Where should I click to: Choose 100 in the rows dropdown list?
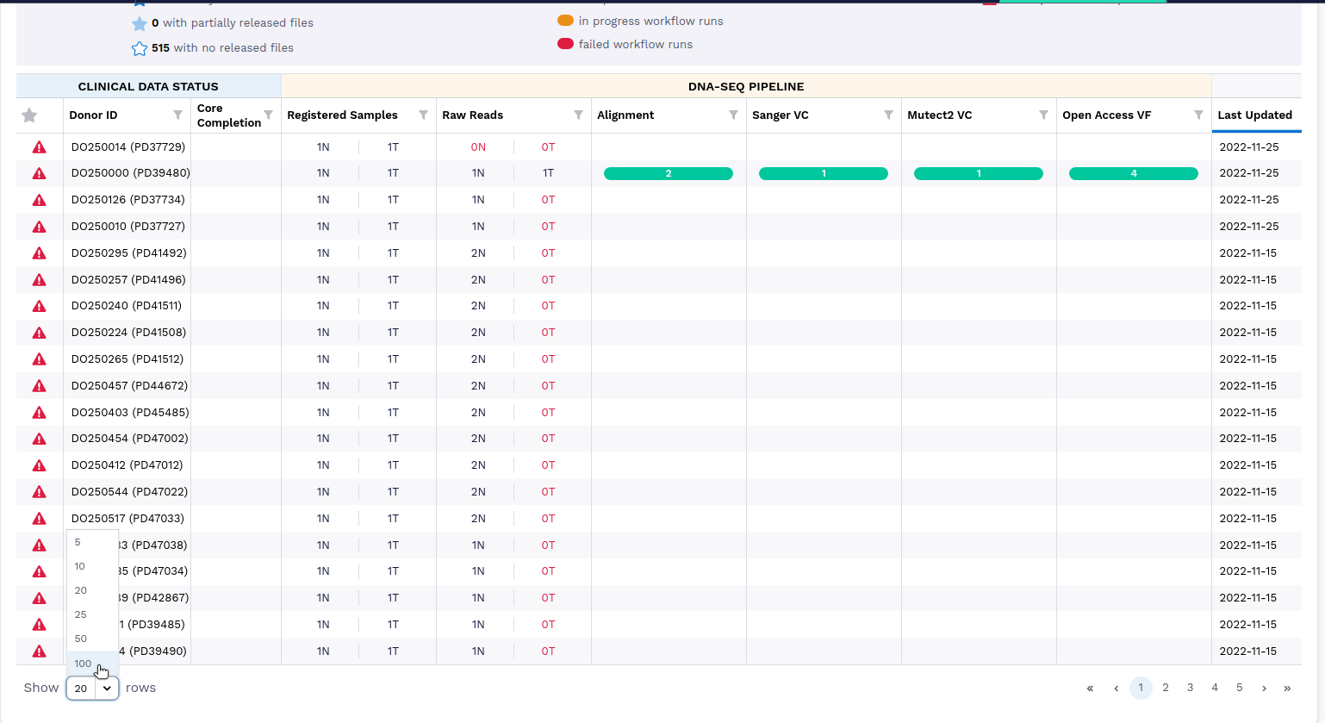(x=84, y=664)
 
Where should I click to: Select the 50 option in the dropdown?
(x=81, y=639)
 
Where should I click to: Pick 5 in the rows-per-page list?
(x=78, y=542)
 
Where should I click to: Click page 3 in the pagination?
(x=1190, y=688)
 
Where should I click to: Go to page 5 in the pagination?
(x=1240, y=688)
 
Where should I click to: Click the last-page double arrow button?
(x=1287, y=688)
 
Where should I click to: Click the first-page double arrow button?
(x=1090, y=688)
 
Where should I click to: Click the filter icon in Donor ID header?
(x=177, y=115)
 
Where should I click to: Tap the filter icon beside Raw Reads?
(x=578, y=115)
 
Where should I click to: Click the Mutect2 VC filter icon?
(x=1043, y=115)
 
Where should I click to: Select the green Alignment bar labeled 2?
(x=669, y=173)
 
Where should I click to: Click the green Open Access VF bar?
(x=1134, y=173)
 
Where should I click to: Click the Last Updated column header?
(x=1254, y=115)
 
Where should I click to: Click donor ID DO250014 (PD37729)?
(x=128, y=146)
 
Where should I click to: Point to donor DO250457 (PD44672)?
(x=129, y=385)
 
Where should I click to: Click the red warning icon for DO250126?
(x=39, y=200)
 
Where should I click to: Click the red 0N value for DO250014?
(x=478, y=146)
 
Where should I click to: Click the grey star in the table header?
(x=29, y=115)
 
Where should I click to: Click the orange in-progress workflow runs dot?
(x=565, y=21)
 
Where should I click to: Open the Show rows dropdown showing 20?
(x=92, y=688)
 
